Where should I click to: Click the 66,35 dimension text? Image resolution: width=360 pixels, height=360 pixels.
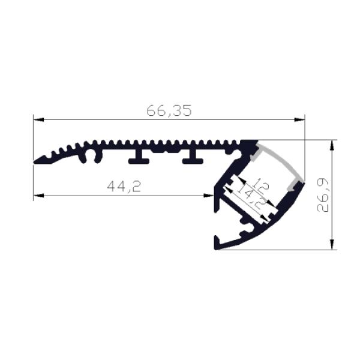tap(169, 110)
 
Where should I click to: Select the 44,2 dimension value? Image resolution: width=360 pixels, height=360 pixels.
tap(124, 187)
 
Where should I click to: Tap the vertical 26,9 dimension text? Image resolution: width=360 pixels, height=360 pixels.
tap(324, 195)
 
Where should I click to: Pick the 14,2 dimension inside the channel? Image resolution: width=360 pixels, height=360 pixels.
tap(254, 196)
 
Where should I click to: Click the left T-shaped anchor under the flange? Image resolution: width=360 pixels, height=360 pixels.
tap(139, 158)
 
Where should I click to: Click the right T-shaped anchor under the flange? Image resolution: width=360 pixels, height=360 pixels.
tap(193, 158)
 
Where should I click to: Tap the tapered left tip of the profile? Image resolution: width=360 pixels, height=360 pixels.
tap(37, 160)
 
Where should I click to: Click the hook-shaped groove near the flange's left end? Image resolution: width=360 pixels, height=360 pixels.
tap(92, 155)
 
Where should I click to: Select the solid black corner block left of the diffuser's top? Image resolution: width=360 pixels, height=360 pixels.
tap(247, 147)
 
